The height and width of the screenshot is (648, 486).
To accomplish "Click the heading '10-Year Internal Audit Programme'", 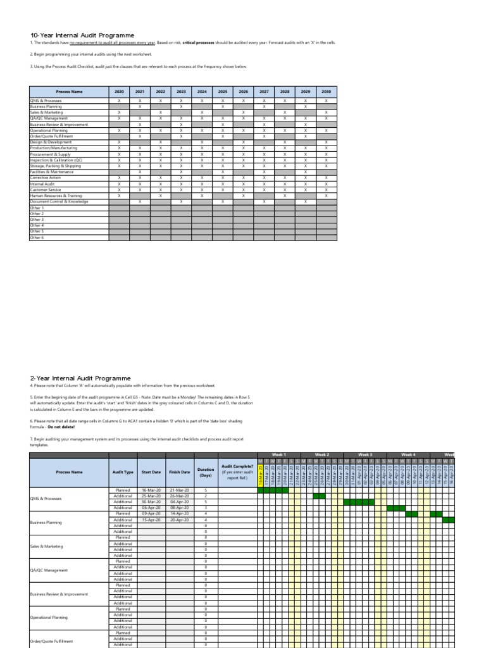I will pyautogui.click(x=82, y=35).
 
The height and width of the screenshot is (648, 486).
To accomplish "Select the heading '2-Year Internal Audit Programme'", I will pyautogui.click(x=80, y=378).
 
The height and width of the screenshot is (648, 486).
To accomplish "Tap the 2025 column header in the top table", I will pyautogui.click(x=223, y=92).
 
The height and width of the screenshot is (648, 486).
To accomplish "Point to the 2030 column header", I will pyautogui.click(x=326, y=92).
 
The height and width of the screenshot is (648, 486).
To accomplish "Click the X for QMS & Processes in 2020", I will pyautogui.click(x=119, y=101).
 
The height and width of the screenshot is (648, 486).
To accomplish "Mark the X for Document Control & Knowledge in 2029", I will pyautogui.click(x=305, y=202).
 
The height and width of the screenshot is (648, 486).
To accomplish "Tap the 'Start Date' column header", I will pyautogui.click(x=151, y=472).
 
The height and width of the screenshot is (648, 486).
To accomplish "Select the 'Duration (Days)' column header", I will pyautogui.click(x=205, y=472).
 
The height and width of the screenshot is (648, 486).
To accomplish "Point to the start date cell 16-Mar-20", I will pyautogui.click(x=151, y=490).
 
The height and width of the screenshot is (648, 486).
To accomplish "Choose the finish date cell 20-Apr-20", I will pyautogui.click(x=179, y=520).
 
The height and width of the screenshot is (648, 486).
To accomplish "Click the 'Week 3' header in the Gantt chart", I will pyautogui.click(x=365, y=455).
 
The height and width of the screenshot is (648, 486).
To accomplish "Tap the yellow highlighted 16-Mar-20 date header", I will pyautogui.click(x=259, y=473).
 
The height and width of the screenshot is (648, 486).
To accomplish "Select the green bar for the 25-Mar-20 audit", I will pyautogui.click(x=319, y=496).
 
